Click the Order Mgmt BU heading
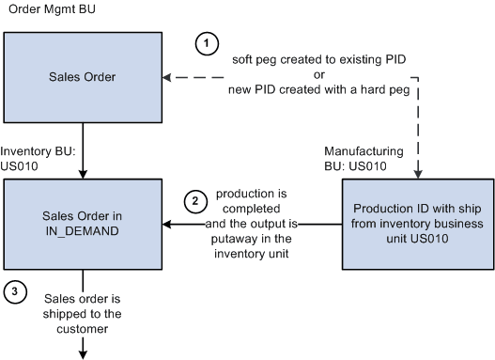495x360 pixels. pyautogui.click(x=48, y=9)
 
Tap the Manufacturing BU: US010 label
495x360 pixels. pyautogui.click(x=364, y=157)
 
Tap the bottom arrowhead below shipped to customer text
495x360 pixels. pyautogui.click(x=83, y=352)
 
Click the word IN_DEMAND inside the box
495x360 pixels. pyautogui.click(x=83, y=229)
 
